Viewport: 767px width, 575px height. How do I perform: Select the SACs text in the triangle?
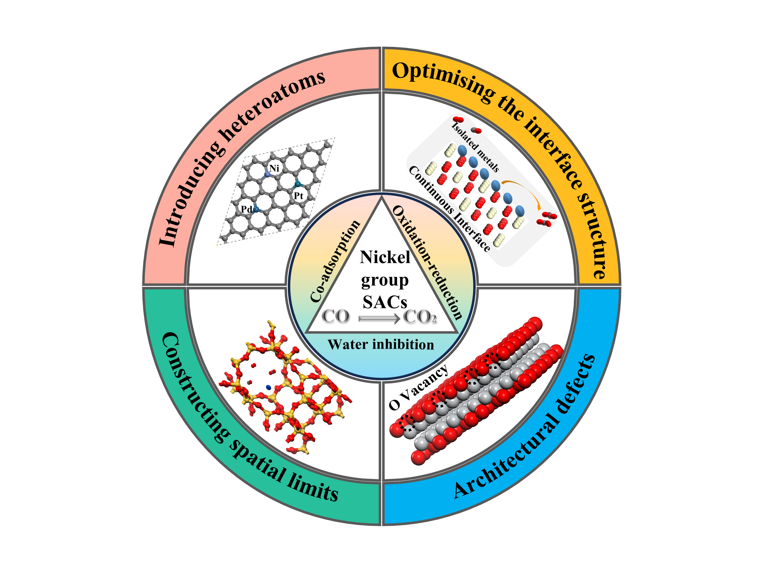point(385,302)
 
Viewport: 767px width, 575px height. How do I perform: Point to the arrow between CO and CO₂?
point(379,318)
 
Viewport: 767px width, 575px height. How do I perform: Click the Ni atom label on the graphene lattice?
point(274,169)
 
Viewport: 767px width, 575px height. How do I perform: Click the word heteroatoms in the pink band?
point(274,104)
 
